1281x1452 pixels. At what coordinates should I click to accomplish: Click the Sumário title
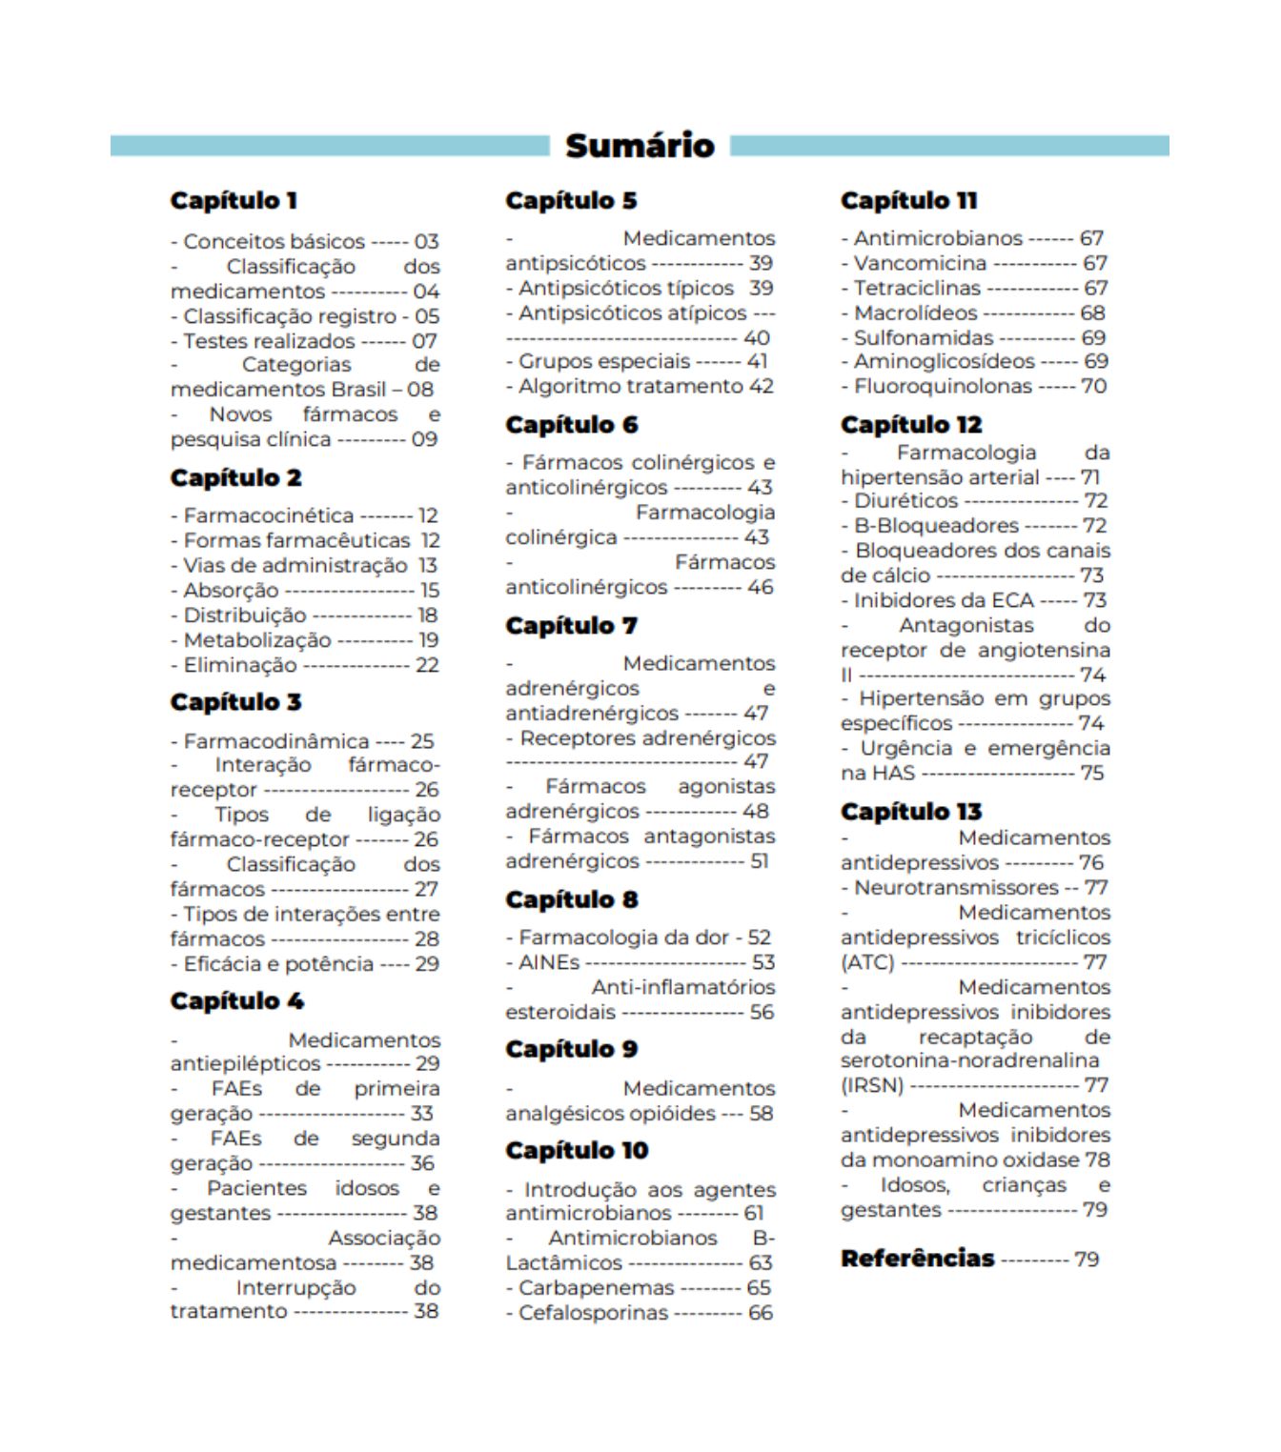640,146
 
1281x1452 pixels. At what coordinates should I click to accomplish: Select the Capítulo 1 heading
234,201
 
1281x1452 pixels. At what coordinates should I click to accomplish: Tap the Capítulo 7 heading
571,626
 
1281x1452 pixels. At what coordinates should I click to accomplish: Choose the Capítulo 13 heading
910,812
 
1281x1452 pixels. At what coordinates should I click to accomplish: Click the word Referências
917,1259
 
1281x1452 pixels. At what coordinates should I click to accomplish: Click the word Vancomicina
920,263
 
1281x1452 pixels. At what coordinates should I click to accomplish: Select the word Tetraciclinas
917,288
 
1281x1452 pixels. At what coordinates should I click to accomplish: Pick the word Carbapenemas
596,1288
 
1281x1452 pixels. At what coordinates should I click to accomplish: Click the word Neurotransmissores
956,887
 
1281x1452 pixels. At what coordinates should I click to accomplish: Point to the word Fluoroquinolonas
943,386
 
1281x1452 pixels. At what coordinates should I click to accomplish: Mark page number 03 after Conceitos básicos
426,242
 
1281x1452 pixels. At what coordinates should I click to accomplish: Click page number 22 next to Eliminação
427,665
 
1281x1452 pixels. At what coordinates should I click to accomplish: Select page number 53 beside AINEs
762,962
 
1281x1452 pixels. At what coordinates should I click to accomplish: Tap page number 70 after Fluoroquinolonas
1093,386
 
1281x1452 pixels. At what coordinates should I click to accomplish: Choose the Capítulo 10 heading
577,1151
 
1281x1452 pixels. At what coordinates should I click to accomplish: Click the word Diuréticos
905,500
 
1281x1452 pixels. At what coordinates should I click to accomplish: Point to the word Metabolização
257,640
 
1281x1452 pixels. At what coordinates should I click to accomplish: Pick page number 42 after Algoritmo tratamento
761,386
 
